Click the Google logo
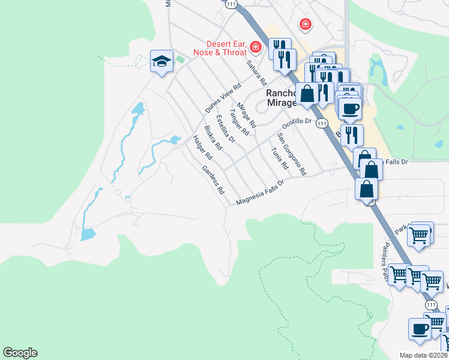20,353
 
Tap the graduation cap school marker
161,61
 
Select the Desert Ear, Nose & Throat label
219,48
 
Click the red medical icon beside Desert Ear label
256,46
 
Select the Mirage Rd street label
247,115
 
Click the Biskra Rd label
213,137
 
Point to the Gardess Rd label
213,180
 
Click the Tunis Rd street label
276,158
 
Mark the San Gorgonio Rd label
292,154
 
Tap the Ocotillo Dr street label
298,121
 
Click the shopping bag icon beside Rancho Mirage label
307,94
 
